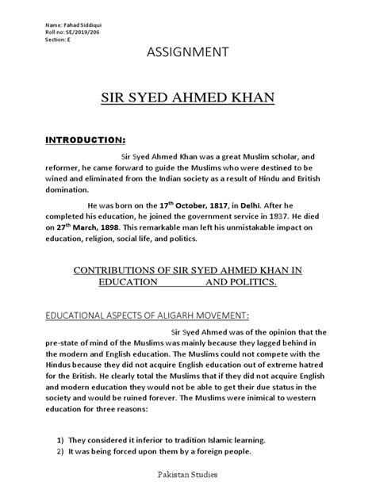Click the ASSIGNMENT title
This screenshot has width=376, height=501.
pyautogui.click(x=187, y=53)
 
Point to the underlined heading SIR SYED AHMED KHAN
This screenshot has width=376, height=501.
pyautogui.click(x=187, y=98)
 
